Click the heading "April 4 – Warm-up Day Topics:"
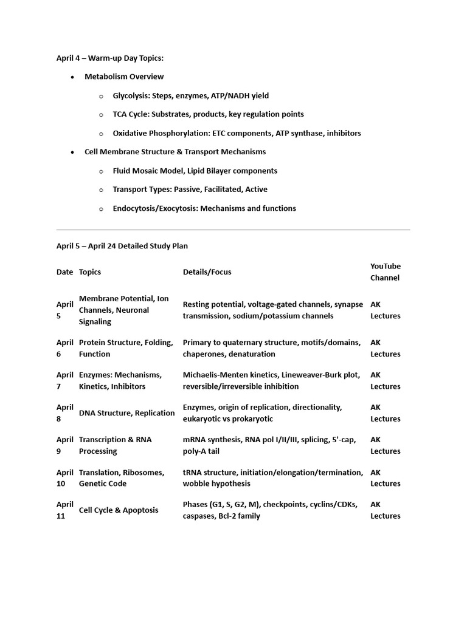110,58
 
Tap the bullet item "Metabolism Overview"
124,77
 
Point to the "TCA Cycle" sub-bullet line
208,114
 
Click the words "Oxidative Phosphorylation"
161,133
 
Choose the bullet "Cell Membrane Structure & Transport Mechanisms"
175,152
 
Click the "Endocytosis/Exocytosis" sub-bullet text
204,208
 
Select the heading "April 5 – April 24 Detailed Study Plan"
122,246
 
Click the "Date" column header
64,272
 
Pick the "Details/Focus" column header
207,272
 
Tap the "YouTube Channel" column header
386,272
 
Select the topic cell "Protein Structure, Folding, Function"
126,348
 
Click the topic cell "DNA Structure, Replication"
126,413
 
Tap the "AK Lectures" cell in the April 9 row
385,445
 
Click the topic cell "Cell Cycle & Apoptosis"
119,510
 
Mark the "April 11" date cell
65,510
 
